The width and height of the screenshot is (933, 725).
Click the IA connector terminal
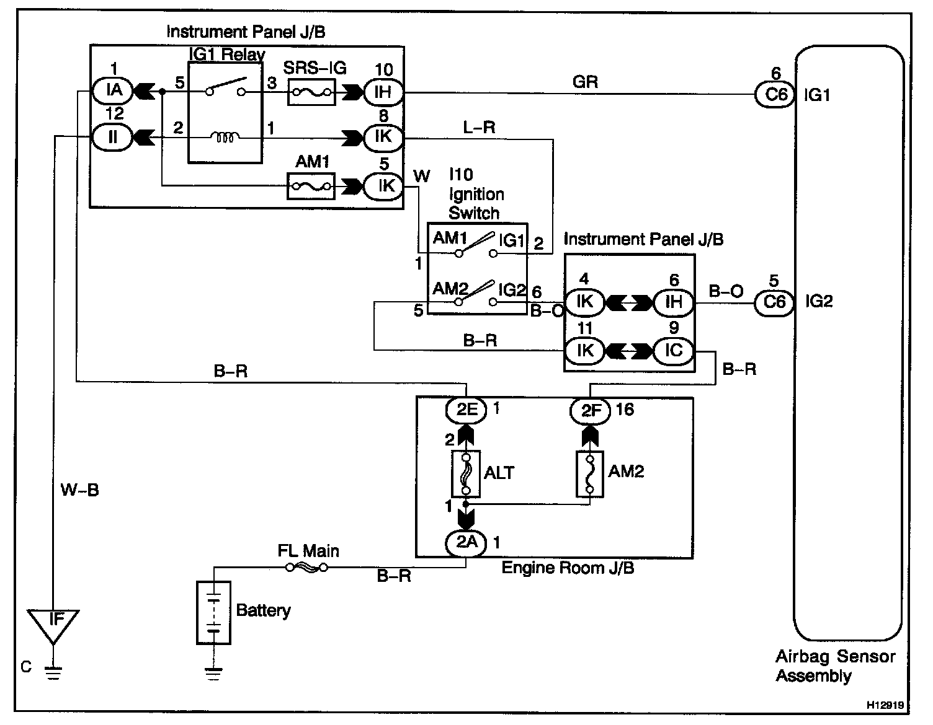113,92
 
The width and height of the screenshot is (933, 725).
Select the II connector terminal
113,136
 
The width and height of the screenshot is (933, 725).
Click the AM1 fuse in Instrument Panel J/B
311,186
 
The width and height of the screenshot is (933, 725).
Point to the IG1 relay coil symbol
224,137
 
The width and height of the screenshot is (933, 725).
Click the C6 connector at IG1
775,94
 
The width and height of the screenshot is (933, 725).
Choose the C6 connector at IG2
775,302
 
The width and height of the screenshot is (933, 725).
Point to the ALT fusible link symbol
466,473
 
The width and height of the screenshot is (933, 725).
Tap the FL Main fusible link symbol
306,568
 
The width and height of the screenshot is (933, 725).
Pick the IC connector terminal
673,351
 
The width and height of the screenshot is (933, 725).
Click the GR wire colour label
585,81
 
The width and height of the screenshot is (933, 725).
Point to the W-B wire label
79,491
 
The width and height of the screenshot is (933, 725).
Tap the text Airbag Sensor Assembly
834,666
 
